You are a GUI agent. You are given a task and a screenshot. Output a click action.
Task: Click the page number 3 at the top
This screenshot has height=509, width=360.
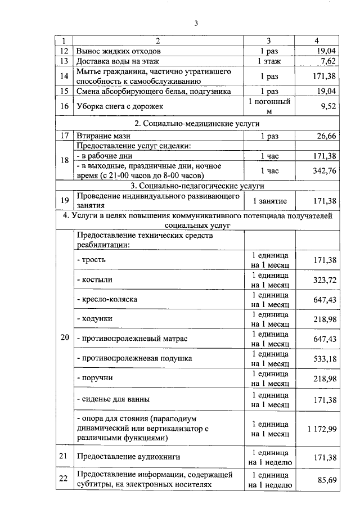click(x=196, y=23)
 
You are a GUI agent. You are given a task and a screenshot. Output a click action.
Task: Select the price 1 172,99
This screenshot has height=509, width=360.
click(x=322, y=429)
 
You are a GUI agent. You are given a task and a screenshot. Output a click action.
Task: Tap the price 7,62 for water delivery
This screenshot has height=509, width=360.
click(x=327, y=61)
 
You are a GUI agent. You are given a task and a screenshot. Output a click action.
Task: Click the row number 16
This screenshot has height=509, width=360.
click(x=64, y=106)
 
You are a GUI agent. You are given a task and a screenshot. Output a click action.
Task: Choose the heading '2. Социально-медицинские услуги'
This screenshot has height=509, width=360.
click(x=196, y=123)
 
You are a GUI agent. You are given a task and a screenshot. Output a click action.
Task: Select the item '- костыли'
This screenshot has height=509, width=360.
click(x=94, y=280)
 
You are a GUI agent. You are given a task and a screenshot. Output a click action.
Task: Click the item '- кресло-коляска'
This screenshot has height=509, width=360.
click(x=107, y=299)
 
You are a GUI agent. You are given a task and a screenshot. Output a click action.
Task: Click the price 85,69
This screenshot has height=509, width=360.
click(x=326, y=479)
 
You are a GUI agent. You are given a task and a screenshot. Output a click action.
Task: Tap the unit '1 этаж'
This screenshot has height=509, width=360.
click(x=269, y=61)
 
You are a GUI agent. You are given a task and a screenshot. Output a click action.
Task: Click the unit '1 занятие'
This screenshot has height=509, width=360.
click(x=269, y=201)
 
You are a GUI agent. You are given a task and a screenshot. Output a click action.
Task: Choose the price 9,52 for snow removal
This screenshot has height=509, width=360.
click(x=327, y=106)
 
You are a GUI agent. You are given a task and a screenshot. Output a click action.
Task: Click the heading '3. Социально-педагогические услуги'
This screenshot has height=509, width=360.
click(x=196, y=186)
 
